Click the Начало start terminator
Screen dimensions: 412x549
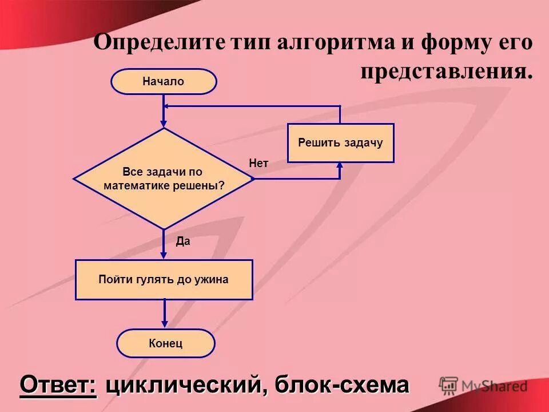[x=164, y=81]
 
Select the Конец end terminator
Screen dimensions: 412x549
[x=165, y=343]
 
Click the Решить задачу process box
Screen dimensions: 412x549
[x=340, y=142]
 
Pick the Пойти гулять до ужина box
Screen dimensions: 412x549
[x=164, y=280]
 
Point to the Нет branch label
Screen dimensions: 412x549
[x=258, y=164]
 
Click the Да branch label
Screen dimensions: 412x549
[x=182, y=241]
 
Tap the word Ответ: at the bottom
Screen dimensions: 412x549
[x=58, y=385]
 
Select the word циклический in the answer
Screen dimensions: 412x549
[x=182, y=385]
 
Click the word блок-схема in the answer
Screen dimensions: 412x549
[x=342, y=385]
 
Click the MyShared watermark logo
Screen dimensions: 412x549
[x=484, y=386]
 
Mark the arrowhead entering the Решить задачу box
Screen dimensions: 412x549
[x=340, y=165]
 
